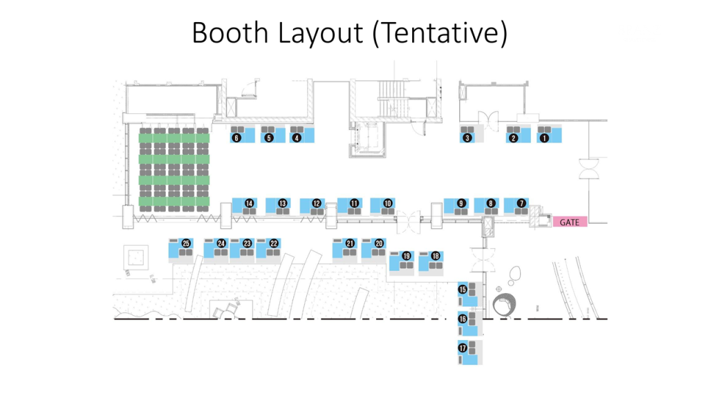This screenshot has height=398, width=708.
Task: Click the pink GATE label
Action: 570,222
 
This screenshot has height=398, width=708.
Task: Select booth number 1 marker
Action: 543,138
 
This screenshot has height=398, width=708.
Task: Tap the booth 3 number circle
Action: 467,138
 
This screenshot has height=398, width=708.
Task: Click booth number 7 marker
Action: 521,204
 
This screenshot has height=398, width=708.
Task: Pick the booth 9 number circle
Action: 460,204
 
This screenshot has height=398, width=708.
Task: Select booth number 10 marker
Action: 388,204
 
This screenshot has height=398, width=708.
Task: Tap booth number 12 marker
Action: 316,204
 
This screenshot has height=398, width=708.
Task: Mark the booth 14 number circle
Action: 249,204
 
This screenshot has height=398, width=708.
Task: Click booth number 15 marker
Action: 463,290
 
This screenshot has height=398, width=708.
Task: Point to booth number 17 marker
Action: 463,348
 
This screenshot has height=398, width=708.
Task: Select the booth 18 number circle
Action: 436,256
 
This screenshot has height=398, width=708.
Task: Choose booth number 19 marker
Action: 407,256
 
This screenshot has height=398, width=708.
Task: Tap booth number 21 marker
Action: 350,243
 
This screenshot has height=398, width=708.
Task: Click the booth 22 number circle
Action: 274,243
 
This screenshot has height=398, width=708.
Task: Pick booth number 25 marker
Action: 186,243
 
